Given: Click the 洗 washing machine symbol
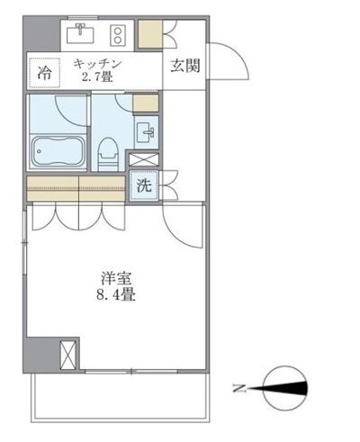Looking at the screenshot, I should [x=142, y=187].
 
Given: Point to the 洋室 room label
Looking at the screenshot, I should [x=114, y=277].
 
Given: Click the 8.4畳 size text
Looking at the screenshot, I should [x=115, y=294].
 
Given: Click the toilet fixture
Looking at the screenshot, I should [x=107, y=154].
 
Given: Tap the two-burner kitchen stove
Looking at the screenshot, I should [x=117, y=35].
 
